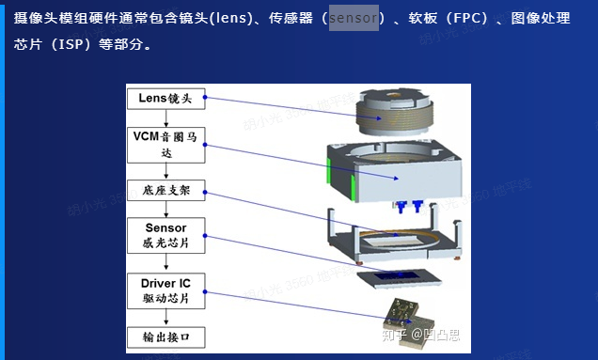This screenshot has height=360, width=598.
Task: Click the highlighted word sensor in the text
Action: point(354,18)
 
